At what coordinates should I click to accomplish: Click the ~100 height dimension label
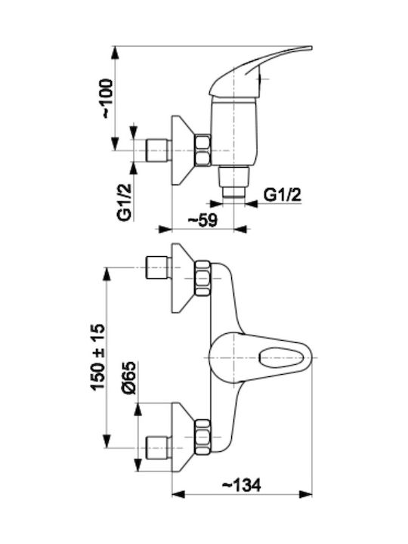[x=107, y=98]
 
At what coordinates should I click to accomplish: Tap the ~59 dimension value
[x=202, y=220]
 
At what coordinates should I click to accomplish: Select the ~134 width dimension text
[x=241, y=485]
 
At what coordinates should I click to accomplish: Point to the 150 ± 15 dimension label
[x=97, y=357]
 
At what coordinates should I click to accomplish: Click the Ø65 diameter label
[x=128, y=378]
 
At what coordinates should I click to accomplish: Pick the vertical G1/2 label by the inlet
[x=125, y=203]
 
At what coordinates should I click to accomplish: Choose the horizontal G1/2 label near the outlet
[x=283, y=196]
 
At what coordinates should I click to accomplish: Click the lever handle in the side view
[x=260, y=71]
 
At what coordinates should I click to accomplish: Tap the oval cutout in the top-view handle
[x=281, y=357]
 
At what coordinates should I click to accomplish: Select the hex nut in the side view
[x=203, y=150]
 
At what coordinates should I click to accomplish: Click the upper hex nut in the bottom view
[x=203, y=278]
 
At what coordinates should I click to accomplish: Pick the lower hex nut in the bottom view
[x=203, y=437]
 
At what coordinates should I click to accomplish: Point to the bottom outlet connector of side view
[x=234, y=182]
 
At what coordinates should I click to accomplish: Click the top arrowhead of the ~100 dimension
[x=115, y=53]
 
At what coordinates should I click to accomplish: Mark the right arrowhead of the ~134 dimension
[x=305, y=494]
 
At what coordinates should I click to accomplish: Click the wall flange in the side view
[x=182, y=150]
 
